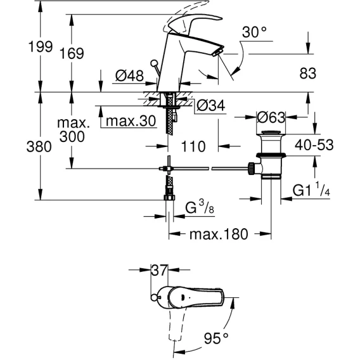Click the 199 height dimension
[41, 47]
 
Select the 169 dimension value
[72, 53]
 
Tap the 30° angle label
[254, 32]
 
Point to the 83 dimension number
[307, 74]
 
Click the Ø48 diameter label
[129, 75]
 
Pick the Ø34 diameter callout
[211, 105]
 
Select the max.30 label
[131, 121]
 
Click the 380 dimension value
[39, 146]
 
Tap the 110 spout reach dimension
[193, 146]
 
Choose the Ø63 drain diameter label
[271, 117]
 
